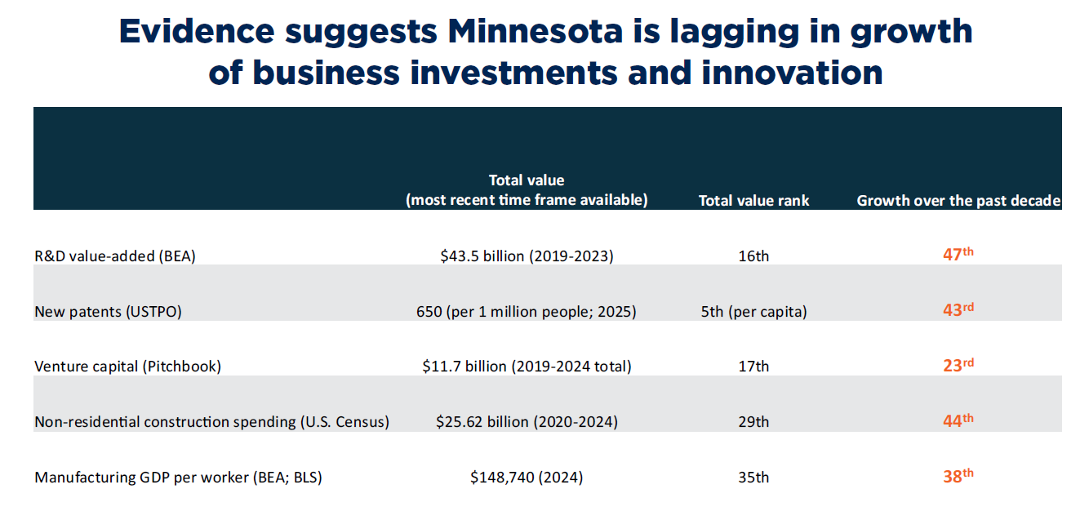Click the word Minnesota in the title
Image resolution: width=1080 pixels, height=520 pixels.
click(x=536, y=31)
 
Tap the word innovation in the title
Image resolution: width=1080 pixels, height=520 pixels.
click(x=792, y=73)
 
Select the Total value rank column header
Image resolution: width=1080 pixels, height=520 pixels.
click(x=753, y=201)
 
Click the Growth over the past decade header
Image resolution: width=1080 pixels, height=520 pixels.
click(x=958, y=201)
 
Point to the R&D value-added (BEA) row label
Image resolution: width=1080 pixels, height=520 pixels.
click(x=115, y=256)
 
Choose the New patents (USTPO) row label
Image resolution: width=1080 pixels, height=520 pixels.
click(x=108, y=312)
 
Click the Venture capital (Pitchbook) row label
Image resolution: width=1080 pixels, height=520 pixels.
click(x=128, y=367)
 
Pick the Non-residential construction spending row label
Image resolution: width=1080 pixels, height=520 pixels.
click(x=211, y=422)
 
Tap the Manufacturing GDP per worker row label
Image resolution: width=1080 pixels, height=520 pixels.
click(x=179, y=477)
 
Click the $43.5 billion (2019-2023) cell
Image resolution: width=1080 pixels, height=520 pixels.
click(x=527, y=256)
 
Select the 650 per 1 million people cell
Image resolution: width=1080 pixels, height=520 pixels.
click(x=527, y=312)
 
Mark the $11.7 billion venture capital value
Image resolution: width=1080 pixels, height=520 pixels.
click(x=527, y=367)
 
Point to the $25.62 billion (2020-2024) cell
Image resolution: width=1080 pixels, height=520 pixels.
click(x=527, y=422)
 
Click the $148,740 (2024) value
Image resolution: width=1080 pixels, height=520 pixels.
click(x=527, y=477)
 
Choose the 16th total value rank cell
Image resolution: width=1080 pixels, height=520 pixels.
click(x=753, y=256)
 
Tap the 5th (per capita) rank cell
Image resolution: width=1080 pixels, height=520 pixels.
click(x=753, y=312)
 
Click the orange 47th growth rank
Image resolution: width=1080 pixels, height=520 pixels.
click(x=958, y=254)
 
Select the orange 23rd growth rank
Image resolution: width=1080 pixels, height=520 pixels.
click(x=958, y=365)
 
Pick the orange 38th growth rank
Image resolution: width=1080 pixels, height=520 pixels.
click(x=958, y=476)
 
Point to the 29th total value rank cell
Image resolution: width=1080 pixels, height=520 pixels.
click(x=753, y=422)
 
